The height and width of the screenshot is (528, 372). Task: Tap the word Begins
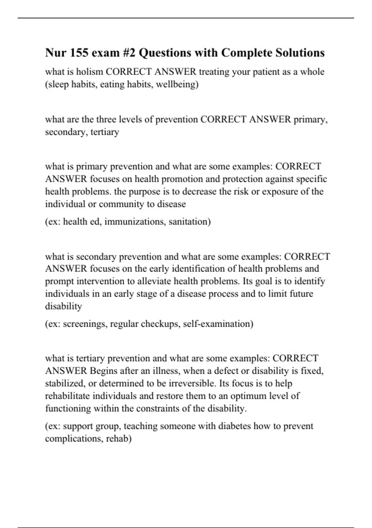click(x=104, y=371)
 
